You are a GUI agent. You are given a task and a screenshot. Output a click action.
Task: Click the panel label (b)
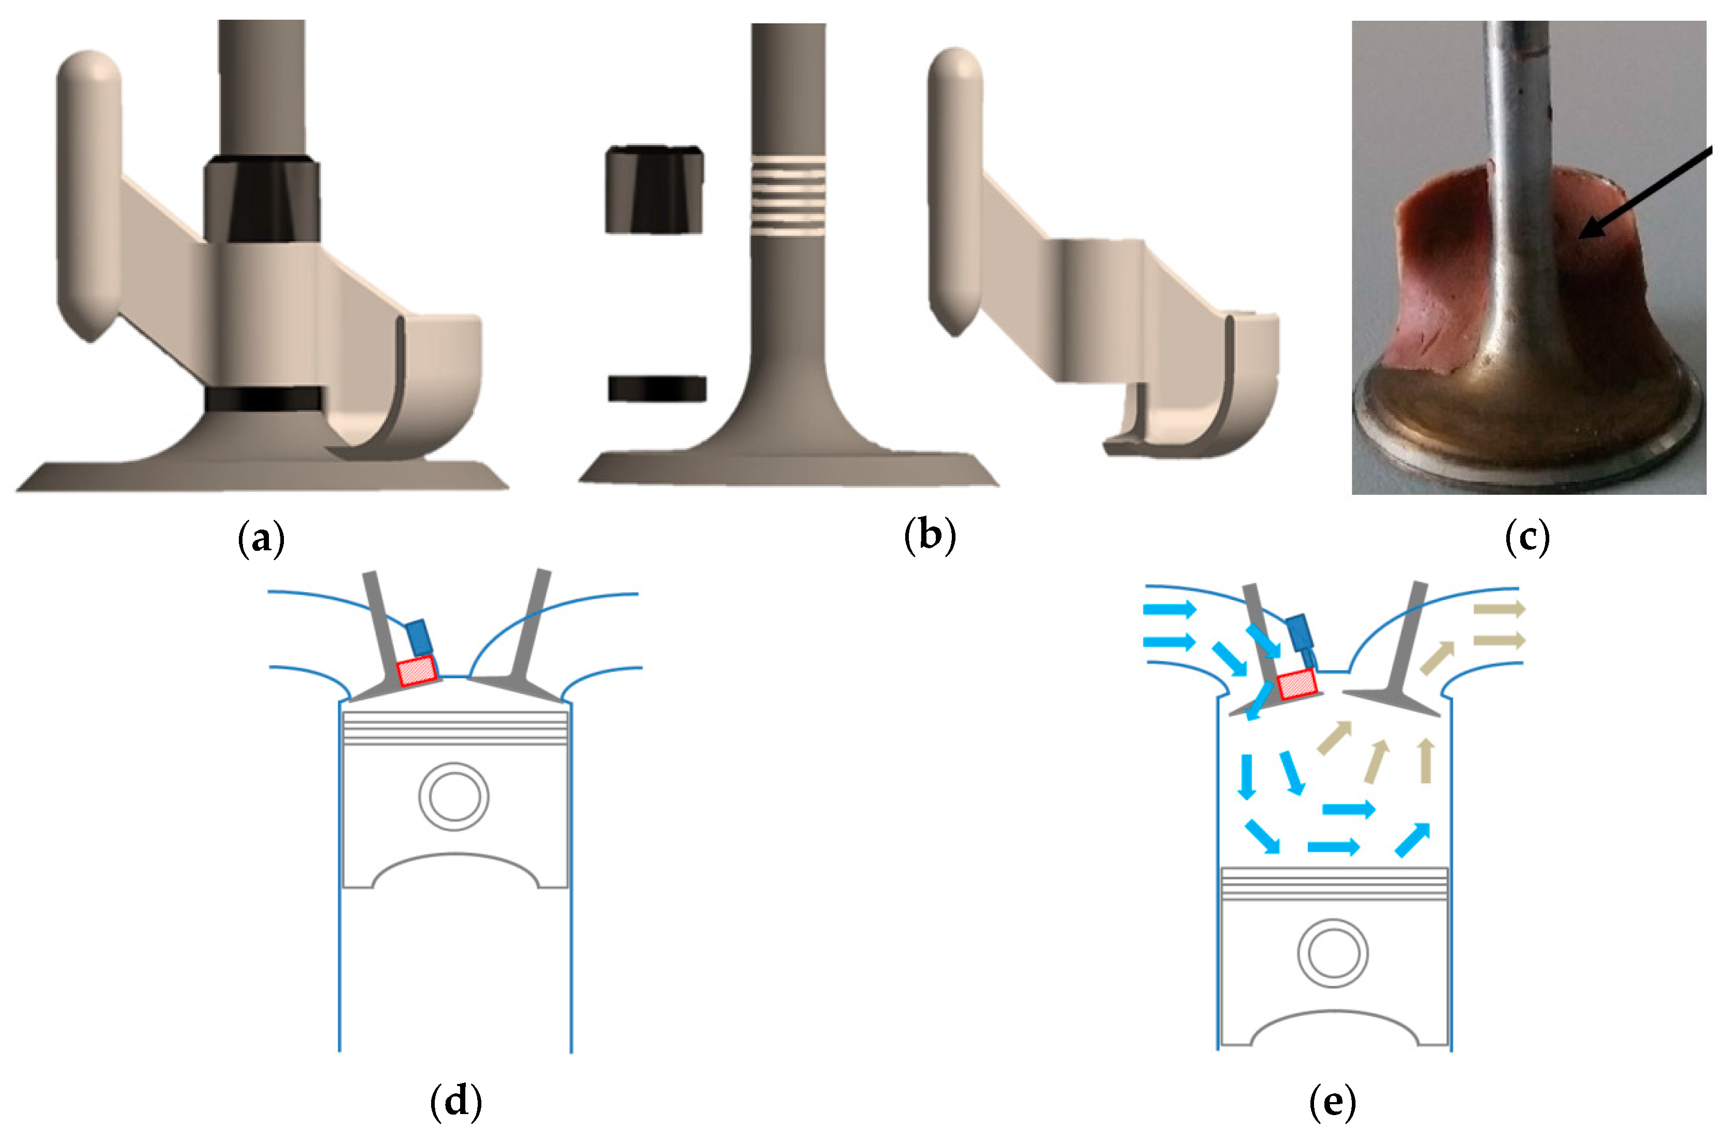[929, 536]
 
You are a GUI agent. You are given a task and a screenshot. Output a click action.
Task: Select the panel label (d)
[456, 1101]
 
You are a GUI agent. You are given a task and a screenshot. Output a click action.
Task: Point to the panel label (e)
[1332, 1102]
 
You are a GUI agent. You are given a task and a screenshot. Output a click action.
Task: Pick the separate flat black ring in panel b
[657, 389]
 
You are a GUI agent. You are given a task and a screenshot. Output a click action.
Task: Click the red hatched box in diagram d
[417, 670]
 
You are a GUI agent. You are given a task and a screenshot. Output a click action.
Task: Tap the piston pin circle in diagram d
[453, 797]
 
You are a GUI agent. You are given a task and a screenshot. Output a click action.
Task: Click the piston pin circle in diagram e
[1333, 953]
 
